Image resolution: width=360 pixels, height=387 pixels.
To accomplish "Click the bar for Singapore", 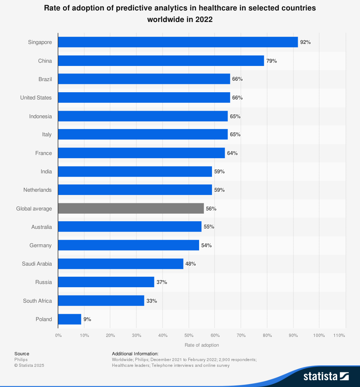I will pyautogui.click(x=178, y=42).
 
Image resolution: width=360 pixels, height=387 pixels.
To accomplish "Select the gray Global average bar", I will pyautogui.click(x=131, y=209).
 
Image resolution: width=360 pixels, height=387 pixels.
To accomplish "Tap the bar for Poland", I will pyautogui.click(x=69, y=319).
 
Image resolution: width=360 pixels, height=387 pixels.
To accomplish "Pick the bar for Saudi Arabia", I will pyautogui.click(x=121, y=264).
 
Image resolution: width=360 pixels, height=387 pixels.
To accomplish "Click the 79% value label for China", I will pyautogui.click(x=271, y=61).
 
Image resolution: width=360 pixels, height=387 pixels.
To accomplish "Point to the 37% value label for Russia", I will pyautogui.click(x=162, y=282).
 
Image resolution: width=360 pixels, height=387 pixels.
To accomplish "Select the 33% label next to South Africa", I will pyautogui.click(x=152, y=301).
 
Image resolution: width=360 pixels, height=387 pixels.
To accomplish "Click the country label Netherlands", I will pyautogui.click(x=37, y=190).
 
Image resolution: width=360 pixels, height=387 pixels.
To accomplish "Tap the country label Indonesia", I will pyautogui.click(x=40, y=116).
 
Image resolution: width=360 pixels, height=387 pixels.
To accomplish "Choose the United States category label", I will pyautogui.click(x=36, y=98).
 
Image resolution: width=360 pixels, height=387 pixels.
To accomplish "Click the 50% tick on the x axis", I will pyautogui.click(x=189, y=335).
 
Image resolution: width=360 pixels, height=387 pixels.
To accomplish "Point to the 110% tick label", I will pyautogui.click(x=339, y=335).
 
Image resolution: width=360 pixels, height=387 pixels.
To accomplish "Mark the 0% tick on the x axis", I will pyautogui.click(x=58, y=335).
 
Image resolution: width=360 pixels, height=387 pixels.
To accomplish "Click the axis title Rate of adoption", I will pyautogui.click(x=202, y=345).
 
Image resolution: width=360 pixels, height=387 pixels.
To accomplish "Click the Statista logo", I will pyautogui.click(x=326, y=377).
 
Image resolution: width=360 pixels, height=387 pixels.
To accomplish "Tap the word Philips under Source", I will pyautogui.click(x=21, y=360).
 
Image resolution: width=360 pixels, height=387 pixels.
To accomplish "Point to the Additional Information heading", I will pyautogui.click(x=135, y=354).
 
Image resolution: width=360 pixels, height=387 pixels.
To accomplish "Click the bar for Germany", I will pyautogui.click(x=129, y=245).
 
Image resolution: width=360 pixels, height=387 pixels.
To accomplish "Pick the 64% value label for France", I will pyautogui.click(x=232, y=153).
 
